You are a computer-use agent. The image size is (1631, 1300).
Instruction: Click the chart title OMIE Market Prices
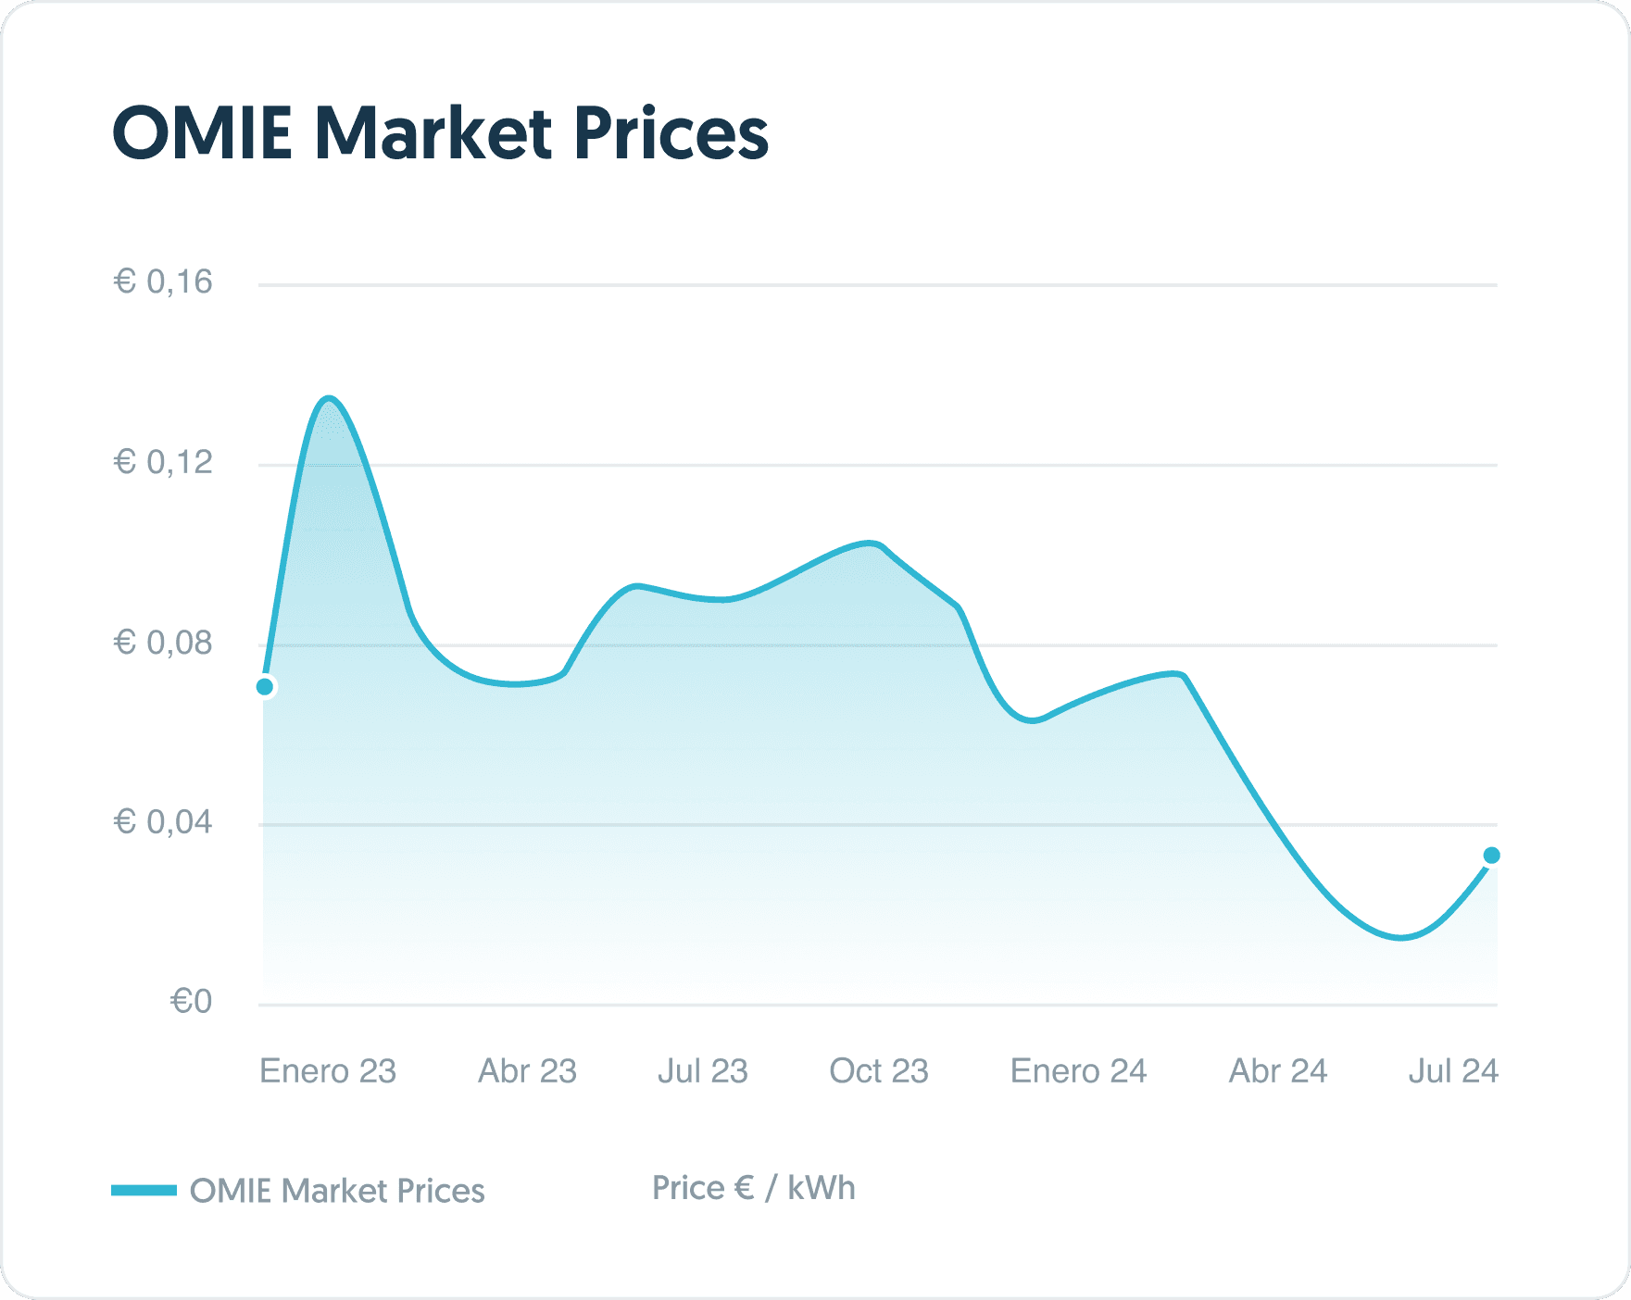(440, 134)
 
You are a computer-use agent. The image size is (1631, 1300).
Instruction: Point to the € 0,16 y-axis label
(163, 281)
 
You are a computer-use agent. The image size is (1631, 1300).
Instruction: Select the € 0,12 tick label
(163, 462)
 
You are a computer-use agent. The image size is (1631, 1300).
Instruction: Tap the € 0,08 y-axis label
(163, 642)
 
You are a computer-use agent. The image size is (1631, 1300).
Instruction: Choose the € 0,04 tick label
(163, 821)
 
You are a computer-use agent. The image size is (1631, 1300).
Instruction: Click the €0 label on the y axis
(191, 1001)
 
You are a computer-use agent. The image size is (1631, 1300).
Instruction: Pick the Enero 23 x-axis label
(328, 1071)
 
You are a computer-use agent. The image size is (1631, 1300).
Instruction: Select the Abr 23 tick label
(527, 1071)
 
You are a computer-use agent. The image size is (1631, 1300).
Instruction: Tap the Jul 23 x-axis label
(702, 1071)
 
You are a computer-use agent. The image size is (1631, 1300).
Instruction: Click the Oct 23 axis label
(878, 1071)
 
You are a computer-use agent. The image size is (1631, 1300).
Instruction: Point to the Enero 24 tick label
(1078, 1071)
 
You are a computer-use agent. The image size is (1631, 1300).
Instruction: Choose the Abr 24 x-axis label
(1277, 1071)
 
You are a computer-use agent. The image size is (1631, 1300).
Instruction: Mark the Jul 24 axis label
(1452, 1071)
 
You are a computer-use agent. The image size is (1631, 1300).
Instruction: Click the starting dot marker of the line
(265, 687)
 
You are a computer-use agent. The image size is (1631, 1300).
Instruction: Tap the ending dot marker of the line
(1491, 856)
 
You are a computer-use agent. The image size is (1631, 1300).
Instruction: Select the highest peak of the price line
(329, 399)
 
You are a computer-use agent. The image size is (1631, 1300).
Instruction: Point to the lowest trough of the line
(1401, 938)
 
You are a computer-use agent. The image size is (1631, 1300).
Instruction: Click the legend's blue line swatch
(144, 1190)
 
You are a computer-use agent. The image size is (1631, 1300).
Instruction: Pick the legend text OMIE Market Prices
(337, 1191)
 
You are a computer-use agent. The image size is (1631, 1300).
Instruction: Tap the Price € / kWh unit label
(753, 1188)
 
